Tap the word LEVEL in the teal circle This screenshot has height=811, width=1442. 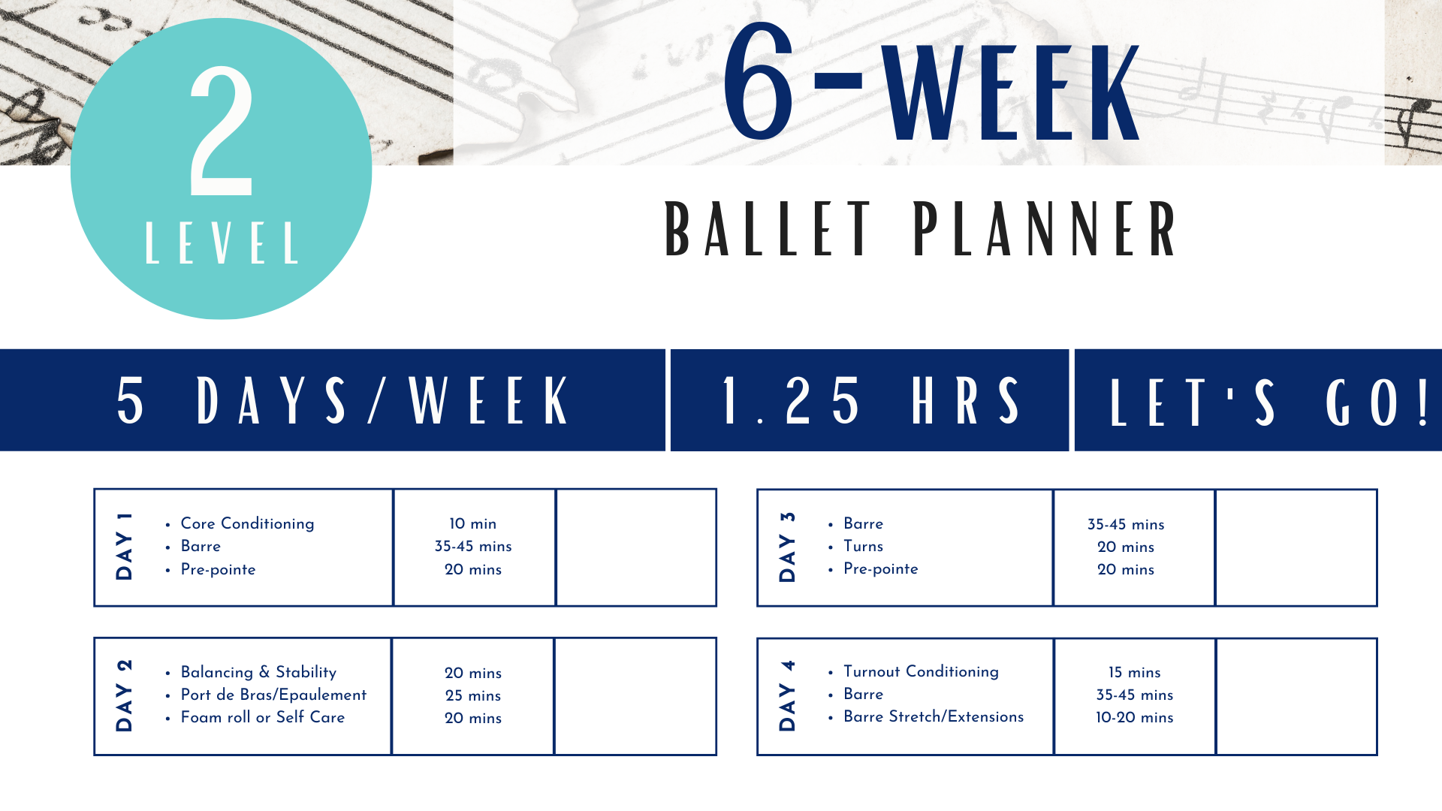pos(222,243)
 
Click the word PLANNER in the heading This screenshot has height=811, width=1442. pos(1045,229)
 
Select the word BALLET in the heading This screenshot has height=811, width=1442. pos(768,229)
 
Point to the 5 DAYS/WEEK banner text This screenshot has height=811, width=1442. pos(343,400)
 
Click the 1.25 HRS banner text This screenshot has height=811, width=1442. pos(870,400)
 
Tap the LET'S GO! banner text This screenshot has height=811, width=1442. pos(1269,402)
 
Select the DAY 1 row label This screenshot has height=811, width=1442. pos(124,547)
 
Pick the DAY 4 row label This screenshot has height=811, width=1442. pos(787,696)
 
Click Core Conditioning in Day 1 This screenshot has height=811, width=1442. pos(247,523)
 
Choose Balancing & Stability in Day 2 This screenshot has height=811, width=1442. pos(258,672)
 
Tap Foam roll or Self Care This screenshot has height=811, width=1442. pos(262,717)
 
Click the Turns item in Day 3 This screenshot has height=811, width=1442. pos(863,546)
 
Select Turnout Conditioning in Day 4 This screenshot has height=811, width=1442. pos(921,671)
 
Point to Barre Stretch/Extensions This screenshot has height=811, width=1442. pos(933,716)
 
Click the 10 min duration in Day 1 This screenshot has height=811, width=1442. pos(472,523)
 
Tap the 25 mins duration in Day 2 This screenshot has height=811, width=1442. pos(472,695)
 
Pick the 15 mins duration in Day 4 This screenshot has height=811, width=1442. pos(1134,672)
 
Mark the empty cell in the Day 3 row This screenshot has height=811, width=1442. pos(1296,547)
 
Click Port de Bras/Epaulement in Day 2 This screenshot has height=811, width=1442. pos(273,695)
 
